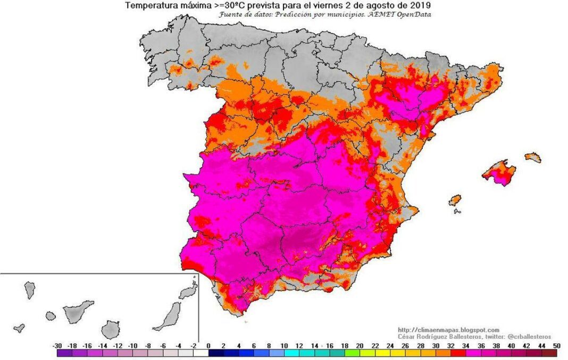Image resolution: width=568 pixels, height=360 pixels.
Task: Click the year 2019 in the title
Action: click(420, 5)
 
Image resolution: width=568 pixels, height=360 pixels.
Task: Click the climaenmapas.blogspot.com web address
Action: click(448, 330)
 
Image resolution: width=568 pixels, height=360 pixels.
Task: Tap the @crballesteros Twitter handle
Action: click(530, 337)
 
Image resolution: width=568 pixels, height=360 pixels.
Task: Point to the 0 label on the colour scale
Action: click(208, 345)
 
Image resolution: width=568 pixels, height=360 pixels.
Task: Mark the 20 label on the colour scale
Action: click(360, 345)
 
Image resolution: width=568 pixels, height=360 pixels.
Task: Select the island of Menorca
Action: click(532, 157)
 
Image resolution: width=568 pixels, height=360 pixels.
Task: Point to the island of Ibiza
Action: click(455, 200)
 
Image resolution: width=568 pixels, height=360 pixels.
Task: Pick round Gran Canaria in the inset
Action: click(111, 330)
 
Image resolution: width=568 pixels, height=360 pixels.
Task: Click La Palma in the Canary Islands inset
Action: click(29, 290)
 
